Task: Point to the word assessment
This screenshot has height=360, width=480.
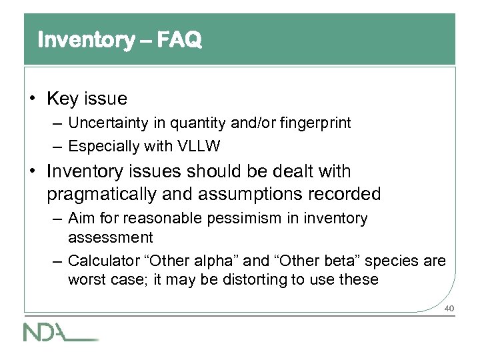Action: click(110, 237)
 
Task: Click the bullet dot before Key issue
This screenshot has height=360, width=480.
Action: click(33, 100)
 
